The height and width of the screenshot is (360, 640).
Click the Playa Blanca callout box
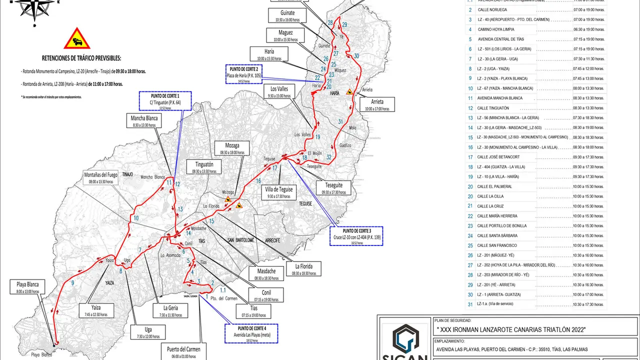click(27, 287)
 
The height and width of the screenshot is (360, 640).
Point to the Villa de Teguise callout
click(279, 192)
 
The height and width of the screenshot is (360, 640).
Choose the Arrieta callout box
click(377, 104)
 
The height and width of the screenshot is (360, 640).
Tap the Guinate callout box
click(287, 15)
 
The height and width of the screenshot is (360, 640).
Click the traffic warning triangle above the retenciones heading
click(77, 38)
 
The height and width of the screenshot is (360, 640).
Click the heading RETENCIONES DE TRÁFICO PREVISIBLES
click(81, 58)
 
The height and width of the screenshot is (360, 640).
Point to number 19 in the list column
click(470, 176)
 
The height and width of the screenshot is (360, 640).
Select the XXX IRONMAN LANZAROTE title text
click(510, 329)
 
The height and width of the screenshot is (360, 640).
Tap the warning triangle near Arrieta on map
click(351, 92)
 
